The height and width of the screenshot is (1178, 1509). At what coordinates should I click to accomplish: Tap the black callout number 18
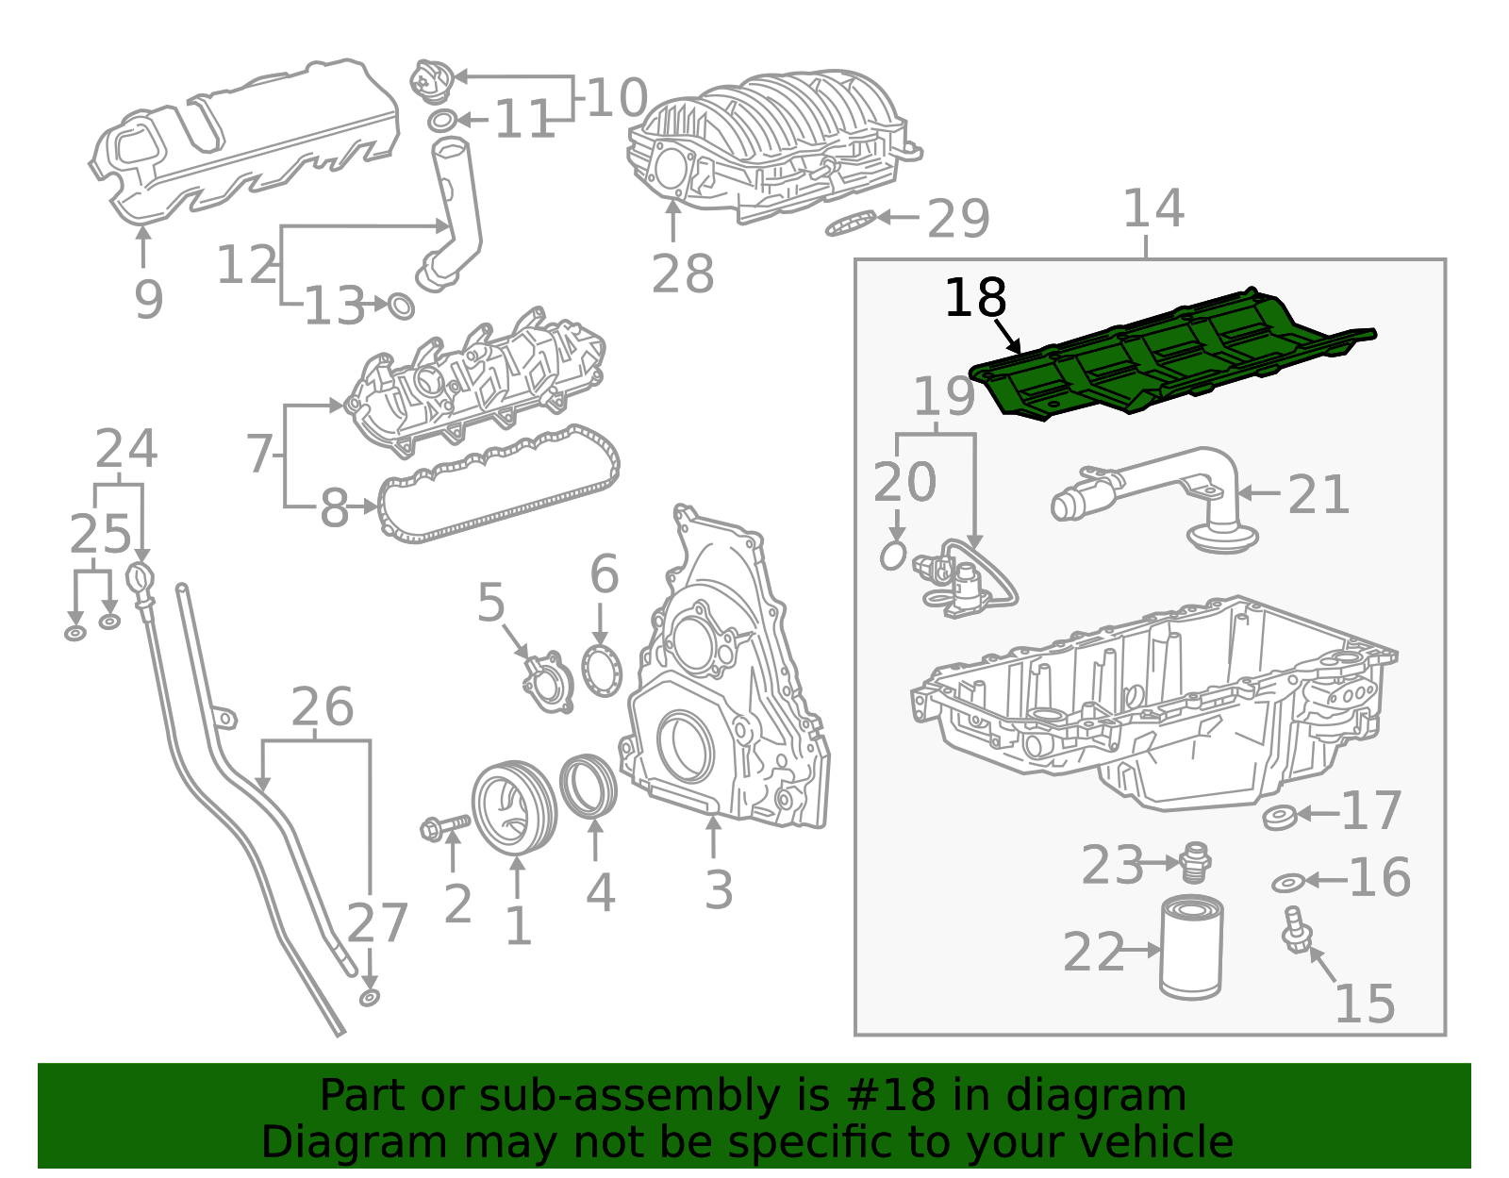click(975, 299)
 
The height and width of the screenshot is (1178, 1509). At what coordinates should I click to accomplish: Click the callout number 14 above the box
click(1152, 209)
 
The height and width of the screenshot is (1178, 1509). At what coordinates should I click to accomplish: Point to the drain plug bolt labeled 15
click(1296, 930)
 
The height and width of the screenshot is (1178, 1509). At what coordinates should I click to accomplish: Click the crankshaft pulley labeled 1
click(514, 807)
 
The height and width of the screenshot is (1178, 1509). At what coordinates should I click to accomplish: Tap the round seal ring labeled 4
click(589, 786)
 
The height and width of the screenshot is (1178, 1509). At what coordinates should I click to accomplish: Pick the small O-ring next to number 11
click(442, 121)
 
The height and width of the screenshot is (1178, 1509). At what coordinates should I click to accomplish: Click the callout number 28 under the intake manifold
click(683, 274)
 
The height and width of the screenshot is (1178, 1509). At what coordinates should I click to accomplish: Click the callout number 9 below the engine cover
click(148, 299)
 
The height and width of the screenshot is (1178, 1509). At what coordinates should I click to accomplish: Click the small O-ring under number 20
click(893, 556)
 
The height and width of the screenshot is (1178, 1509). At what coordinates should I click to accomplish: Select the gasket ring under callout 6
click(602, 671)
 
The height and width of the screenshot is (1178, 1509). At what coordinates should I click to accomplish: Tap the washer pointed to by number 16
click(1287, 883)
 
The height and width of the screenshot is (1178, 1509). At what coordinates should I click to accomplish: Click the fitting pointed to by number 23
click(1194, 860)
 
